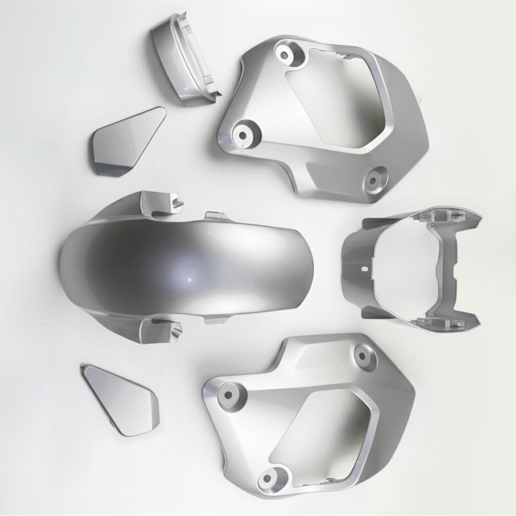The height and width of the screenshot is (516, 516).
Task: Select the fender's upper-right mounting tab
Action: pos(216,217)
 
